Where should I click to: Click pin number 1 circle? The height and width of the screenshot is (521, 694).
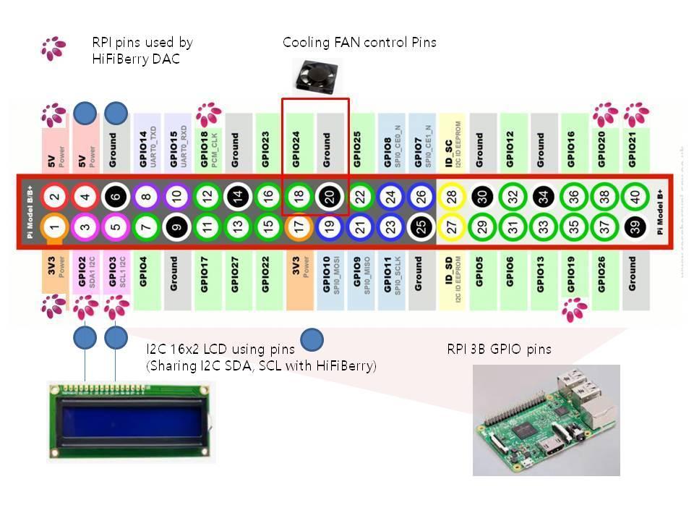(55, 227)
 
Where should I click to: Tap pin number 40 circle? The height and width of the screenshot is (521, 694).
(635, 195)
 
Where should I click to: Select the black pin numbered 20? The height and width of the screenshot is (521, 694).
(327, 195)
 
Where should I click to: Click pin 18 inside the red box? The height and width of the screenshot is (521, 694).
(298, 195)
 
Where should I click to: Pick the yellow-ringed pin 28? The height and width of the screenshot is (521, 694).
(450, 195)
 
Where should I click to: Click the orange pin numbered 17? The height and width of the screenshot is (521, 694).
(298, 227)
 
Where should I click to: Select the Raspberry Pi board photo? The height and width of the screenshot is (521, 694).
(547, 420)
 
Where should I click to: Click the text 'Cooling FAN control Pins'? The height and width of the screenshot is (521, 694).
(359, 43)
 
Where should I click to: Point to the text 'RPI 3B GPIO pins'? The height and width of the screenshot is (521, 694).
(500, 350)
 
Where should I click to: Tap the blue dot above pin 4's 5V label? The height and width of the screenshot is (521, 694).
(85, 112)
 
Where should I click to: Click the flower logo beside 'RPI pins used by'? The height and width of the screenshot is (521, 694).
(53, 48)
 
